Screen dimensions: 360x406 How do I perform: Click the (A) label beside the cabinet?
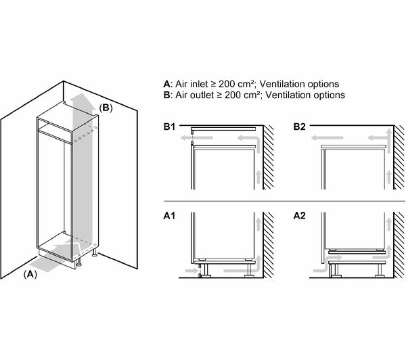point(29,273)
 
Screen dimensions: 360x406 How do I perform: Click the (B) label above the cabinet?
point(106,108)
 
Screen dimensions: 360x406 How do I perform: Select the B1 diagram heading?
point(170,127)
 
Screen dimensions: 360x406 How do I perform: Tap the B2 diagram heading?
point(298,127)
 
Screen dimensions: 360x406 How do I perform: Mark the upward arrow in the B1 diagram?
point(258,179)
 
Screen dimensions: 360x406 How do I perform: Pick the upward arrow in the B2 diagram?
point(386,179)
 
